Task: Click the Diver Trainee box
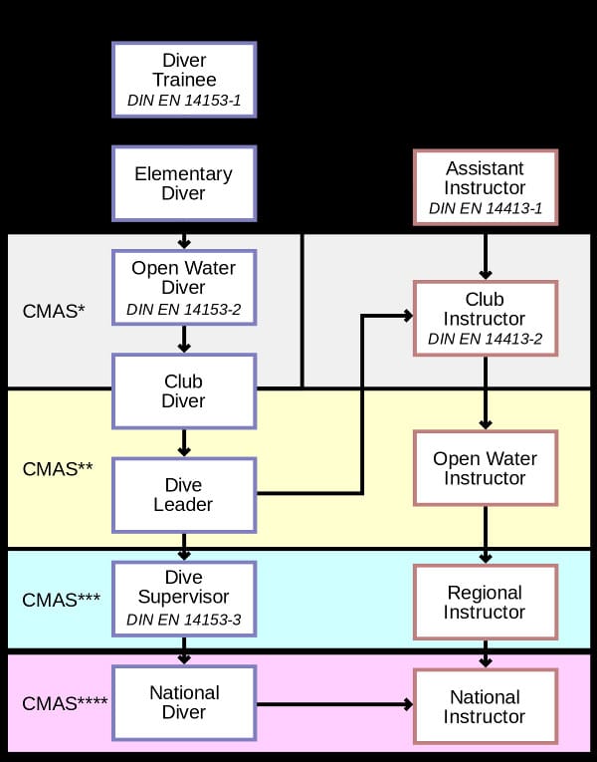pyautogui.click(x=184, y=79)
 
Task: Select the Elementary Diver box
pyautogui.click(x=184, y=183)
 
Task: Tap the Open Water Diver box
pyautogui.click(x=184, y=287)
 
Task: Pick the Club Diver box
pyautogui.click(x=184, y=390)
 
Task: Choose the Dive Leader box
pyautogui.click(x=184, y=494)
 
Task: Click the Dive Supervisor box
pyautogui.click(x=184, y=598)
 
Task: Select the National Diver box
pyautogui.click(x=184, y=703)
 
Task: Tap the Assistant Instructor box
pyautogui.click(x=485, y=187)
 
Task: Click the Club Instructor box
pyautogui.click(x=485, y=318)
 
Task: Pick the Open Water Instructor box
pyautogui.click(x=485, y=468)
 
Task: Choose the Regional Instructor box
pyautogui.click(x=485, y=602)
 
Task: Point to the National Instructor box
pyautogui.click(x=485, y=706)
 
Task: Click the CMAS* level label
pyautogui.click(x=54, y=312)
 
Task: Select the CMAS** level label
pyautogui.click(x=58, y=467)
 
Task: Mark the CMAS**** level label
pyautogui.click(x=65, y=704)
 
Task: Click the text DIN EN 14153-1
pyautogui.click(x=184, y=101)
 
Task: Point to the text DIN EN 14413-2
pyautogui.click(x=485, y=340)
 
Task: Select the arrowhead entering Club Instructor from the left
pyautogui.click(x=406, y=316)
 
